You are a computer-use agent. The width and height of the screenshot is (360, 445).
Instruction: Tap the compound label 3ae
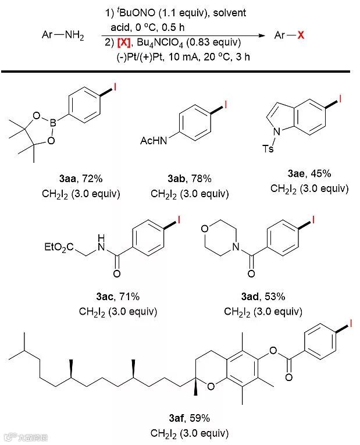tap(298, 173)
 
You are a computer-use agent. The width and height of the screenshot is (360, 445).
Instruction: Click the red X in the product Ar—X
tap(301, 35)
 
